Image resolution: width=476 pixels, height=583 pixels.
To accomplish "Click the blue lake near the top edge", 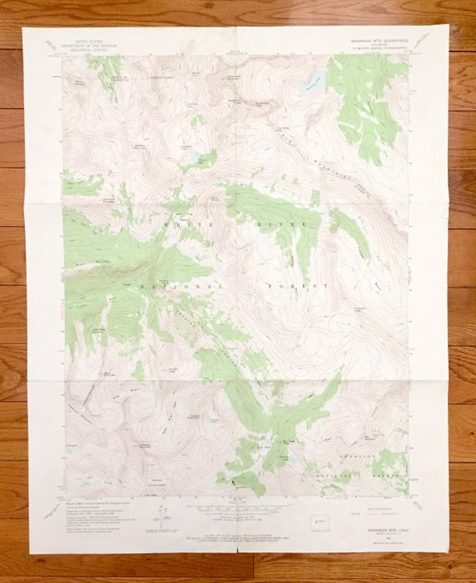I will (311, 81).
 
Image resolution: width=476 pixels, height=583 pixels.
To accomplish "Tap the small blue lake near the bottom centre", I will (291, 460).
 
